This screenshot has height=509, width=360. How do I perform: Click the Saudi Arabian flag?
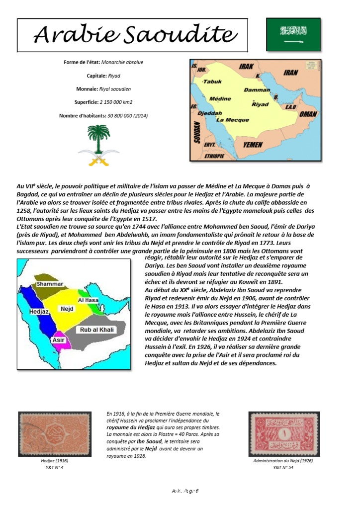pyautogui.click(x=293, y=34)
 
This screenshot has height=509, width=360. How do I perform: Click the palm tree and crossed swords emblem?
pyautogui.click(x=98, y=145)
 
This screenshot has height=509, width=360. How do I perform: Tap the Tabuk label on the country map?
pyautogui.click(x=212, y=82)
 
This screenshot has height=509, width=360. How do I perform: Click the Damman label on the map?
pyautogui.click(x=257, y=90)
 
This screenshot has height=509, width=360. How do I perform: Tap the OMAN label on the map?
pyautogui.click(x=308, y=114)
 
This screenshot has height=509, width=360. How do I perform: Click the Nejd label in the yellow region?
pyautogui.click(x=67, y=309)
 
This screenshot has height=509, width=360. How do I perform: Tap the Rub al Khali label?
pyautogui.click(x=94, y=330)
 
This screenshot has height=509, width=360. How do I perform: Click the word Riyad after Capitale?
pyautogui.click(x=114, y=76)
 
